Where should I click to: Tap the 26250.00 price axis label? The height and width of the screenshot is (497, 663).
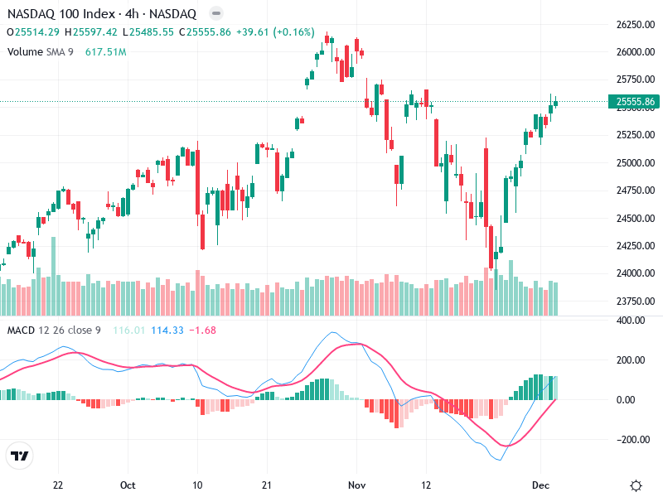point(634,25)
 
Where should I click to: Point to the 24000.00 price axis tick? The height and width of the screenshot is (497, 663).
point(634,273)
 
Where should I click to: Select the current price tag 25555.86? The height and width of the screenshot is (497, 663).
point(634,102)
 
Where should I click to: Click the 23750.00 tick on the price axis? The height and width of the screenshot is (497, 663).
point(634,301)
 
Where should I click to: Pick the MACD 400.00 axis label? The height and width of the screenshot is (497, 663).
point(634,321)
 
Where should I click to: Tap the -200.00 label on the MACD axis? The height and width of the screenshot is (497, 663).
point(634,440)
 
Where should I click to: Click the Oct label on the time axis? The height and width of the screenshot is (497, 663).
point(128,485)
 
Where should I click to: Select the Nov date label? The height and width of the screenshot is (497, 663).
point(356,485)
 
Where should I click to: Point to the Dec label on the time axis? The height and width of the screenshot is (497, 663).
point(540,485)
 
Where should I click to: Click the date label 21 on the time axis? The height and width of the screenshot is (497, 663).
point(266,485)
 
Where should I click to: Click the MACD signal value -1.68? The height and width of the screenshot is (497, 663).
point(203,331)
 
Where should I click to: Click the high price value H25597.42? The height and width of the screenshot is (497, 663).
point(93,32)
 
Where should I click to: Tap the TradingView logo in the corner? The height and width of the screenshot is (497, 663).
point(19,456)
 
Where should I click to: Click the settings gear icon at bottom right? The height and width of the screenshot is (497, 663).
point(636,485)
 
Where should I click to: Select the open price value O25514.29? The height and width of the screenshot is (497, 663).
point(33,32)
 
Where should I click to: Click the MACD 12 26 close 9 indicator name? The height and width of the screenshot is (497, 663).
point(54,331)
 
